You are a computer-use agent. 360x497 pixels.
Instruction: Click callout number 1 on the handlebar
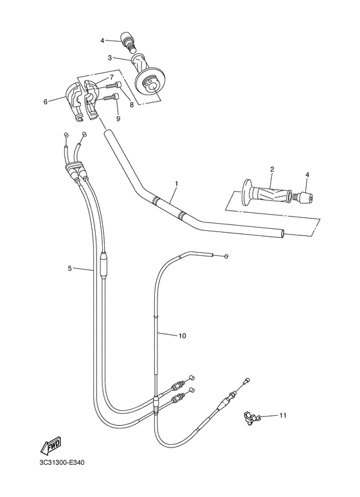pos(177,183)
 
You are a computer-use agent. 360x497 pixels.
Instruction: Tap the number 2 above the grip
pos(272,169)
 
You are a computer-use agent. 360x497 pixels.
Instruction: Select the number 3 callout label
pos(109,58)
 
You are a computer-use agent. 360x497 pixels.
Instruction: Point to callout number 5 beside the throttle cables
pos(69,268)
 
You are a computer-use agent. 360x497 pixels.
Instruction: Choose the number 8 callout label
pos(131,104)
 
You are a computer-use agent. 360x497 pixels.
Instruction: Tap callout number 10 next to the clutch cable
pos(182,336)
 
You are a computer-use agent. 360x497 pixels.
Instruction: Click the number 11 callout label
pos(282,416)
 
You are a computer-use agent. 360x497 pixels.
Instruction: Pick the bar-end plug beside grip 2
pos(301,197)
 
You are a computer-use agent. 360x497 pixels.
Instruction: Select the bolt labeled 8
pos(113,84)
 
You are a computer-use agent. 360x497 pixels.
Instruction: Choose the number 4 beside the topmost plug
pos(102,41)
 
